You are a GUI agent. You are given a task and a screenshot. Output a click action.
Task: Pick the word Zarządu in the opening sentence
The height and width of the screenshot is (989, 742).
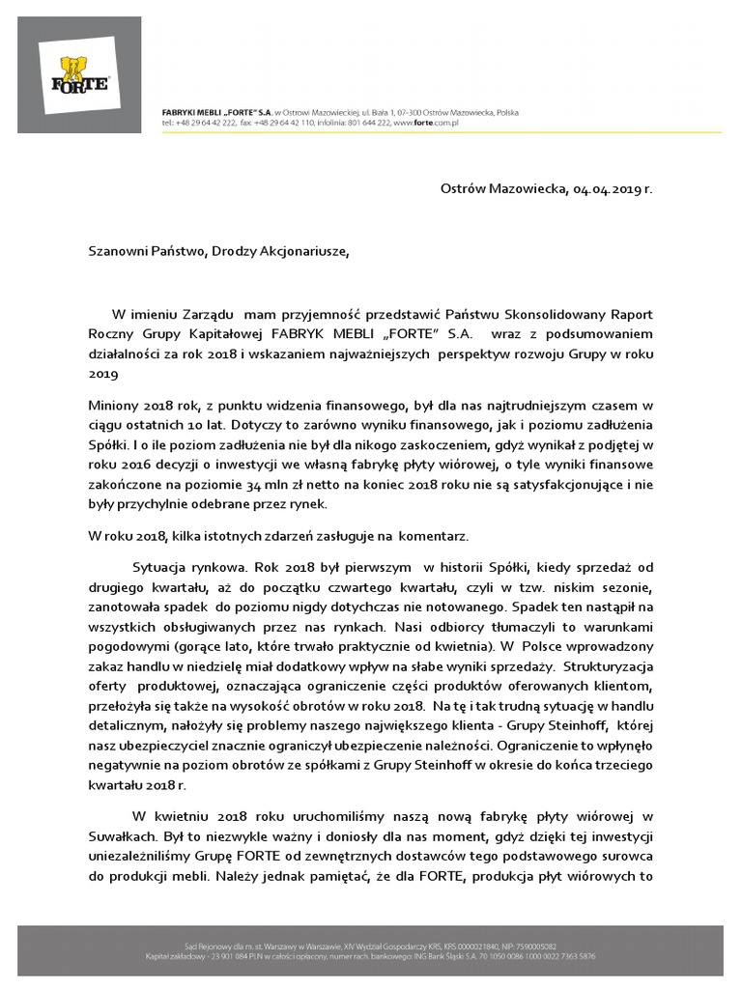202,314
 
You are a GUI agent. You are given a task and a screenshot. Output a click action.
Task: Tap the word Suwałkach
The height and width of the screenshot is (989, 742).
121,838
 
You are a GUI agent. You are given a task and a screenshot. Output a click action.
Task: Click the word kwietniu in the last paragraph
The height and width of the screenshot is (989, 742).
185,819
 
